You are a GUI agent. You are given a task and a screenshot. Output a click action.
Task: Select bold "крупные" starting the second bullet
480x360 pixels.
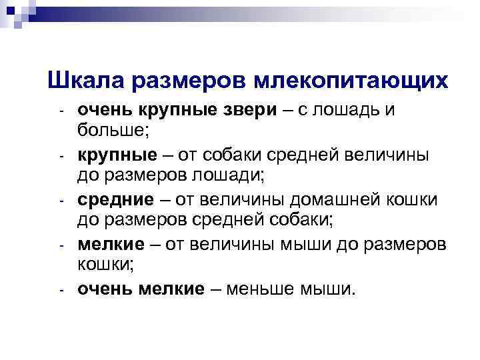tap(113, 155)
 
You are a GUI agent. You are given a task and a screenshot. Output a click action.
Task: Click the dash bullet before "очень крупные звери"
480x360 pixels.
tap(60, 110)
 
